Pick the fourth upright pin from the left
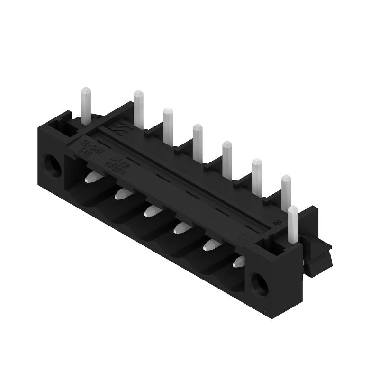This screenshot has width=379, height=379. pyautogui.click(x=198, y=140)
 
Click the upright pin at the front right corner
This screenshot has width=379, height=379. pyautogui.click(x=293, y=225)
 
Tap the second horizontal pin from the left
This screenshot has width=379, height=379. pyautogui.click(x=122, y=193)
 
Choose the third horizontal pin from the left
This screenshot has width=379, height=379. pyautogui.click(x=152, y=209)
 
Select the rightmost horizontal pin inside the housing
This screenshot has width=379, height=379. pyautogui.click(x=239, y=261)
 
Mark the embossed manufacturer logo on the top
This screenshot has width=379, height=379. pyautogui.click(x=117, y=128)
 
